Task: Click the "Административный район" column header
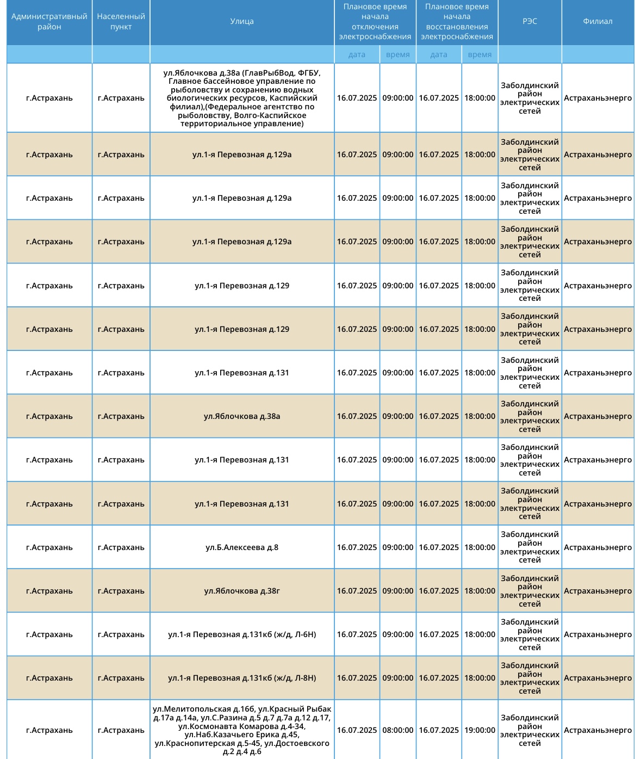coord(49,22)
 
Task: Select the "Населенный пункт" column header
coord(121,22)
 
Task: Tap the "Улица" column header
coord(242,22)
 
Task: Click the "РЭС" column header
coord(530,22)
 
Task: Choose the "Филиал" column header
coord(598,22)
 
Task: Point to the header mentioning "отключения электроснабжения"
coord(375,22)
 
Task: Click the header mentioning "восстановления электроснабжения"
coord(457,22)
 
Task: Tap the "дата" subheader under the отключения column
coord(357,54)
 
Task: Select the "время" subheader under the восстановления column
coord(480,54)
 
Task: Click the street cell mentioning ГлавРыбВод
coord(242,98)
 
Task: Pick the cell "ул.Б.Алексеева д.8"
coord(242,547)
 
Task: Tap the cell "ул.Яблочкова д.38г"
coord(242,591)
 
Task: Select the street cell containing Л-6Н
coord(242,634)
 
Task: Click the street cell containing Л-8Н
coord(242,678)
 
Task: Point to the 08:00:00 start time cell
coord(398,730)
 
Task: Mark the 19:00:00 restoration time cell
coord(480,730)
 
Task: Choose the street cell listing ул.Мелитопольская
coord(242,730)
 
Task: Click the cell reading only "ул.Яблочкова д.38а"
coord(242,416)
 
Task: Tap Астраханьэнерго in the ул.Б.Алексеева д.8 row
coord(598,547)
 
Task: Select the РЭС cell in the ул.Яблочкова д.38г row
coord(530,591)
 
